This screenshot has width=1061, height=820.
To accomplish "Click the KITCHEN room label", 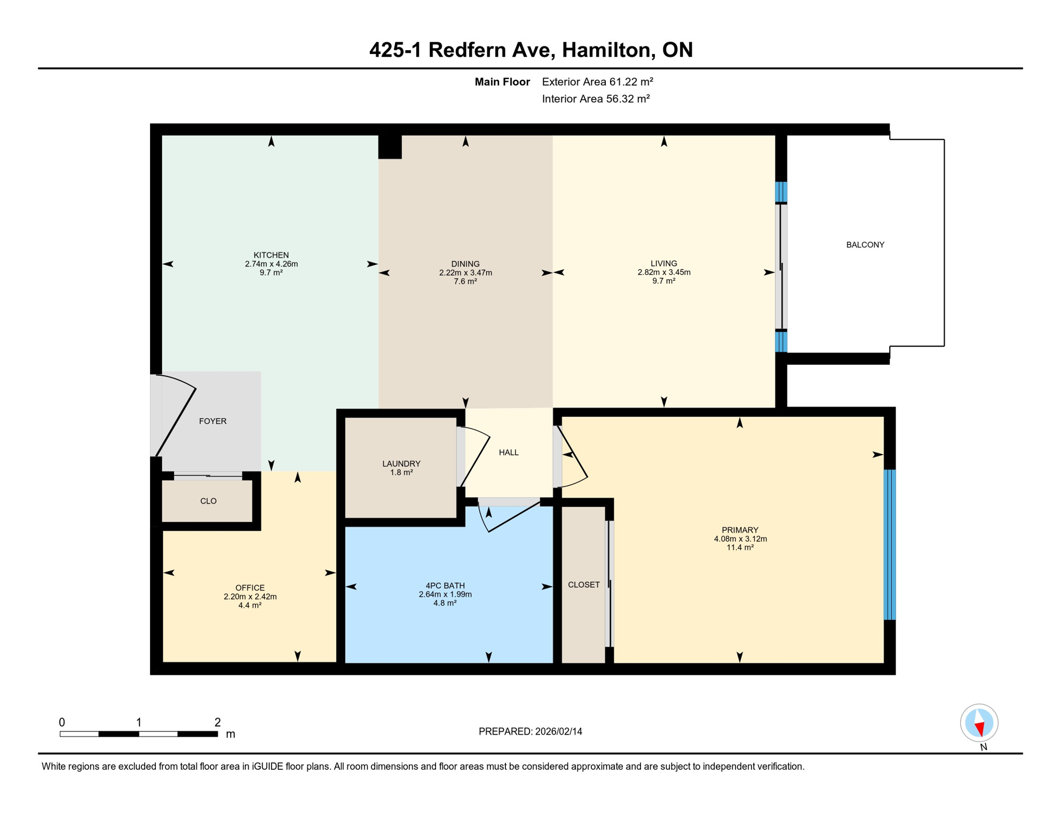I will point(271,255).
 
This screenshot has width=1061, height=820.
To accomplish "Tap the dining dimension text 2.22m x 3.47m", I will point(465,273).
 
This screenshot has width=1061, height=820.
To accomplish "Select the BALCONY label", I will point(865,245).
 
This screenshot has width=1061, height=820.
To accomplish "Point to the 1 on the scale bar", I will point(139,722).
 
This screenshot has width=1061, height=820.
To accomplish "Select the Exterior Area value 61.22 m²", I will point(631,82).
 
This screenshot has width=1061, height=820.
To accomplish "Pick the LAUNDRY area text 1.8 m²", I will point(401,472).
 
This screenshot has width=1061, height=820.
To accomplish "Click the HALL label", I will point(509,453).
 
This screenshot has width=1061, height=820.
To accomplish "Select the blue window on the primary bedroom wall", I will point(889,545).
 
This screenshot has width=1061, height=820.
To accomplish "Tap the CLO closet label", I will point(208,501).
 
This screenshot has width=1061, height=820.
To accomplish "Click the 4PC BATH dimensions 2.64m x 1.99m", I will point(445,594).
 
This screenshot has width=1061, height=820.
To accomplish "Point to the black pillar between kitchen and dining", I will point(390,147).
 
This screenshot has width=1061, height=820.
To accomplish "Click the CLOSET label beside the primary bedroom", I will point(584,585).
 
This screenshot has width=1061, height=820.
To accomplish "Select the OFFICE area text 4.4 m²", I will point(250,605).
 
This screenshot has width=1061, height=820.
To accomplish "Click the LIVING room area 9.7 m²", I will point(663,281).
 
